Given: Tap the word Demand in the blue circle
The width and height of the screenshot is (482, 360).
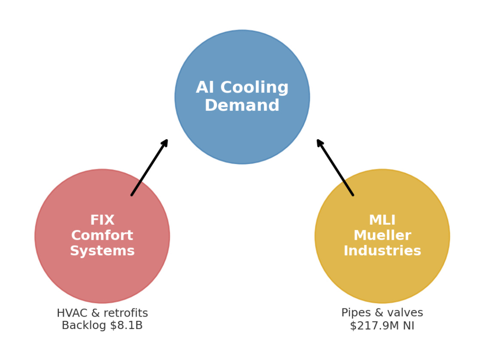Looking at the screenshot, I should tap(242, 106).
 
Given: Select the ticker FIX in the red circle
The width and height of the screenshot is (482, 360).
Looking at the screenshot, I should tap(102, 220).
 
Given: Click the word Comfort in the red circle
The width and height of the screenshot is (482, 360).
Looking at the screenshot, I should tap(102, 235).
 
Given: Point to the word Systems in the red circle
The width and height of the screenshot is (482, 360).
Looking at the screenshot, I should tap(102, 250).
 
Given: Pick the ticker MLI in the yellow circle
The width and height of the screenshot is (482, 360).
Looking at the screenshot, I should tap(382, 220).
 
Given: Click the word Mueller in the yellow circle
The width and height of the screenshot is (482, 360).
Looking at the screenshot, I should tap(382, 235).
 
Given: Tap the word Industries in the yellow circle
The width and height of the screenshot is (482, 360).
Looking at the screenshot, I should tap(382, 250).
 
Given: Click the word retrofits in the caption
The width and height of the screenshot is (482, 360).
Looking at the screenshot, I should tap(125, 313).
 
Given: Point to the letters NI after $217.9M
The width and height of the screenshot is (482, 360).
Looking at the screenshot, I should tap(408, 326).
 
